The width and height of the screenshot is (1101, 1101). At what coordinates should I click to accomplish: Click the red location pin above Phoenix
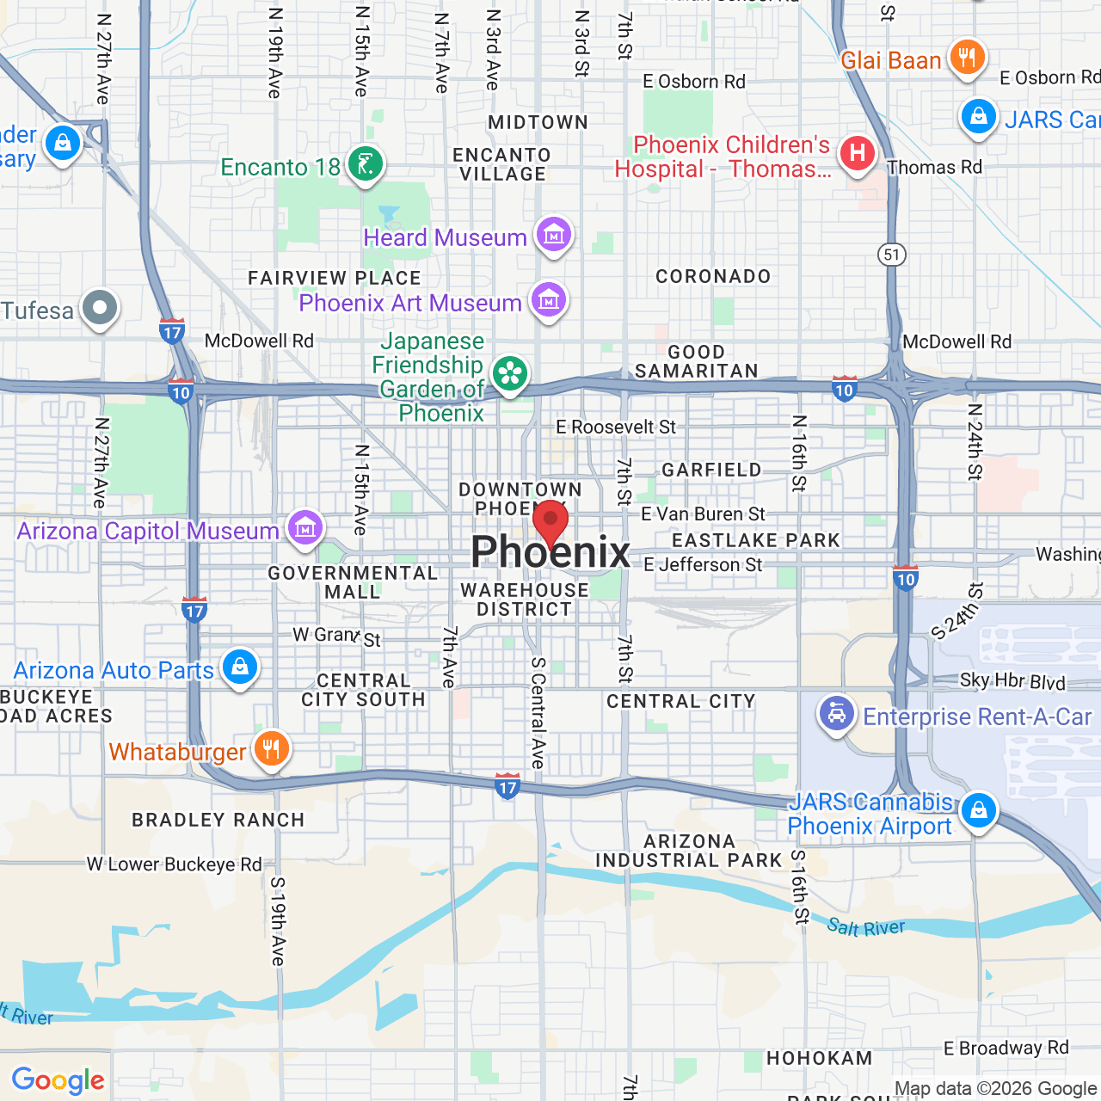(550, 523)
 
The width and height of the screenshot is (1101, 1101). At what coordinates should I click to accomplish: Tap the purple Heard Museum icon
(553, 234)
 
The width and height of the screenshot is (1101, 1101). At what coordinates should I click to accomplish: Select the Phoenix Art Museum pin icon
(548, 300)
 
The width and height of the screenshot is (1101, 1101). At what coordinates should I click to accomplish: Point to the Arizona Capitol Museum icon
(304, 528)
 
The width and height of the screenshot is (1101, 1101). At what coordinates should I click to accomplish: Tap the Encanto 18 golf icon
(366, 163)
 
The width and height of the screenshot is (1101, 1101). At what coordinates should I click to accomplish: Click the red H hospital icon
(857, 154)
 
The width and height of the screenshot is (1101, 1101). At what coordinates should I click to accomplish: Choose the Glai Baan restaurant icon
(968, 58)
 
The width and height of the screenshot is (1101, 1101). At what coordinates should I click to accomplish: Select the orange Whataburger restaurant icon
(271, 749)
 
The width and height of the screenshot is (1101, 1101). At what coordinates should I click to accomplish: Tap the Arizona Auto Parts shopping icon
(240, 667)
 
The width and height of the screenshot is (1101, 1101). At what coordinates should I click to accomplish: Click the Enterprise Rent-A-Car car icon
(836, 714)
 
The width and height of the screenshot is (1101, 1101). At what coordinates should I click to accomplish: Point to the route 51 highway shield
(892, 254)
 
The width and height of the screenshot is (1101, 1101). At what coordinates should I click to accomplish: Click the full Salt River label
(865, 927)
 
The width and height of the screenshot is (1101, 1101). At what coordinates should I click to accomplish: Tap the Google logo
(58, 1080)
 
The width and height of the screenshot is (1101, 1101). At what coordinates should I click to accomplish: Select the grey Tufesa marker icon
(100, 308)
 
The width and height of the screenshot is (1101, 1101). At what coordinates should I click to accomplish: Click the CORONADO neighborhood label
(713, 276)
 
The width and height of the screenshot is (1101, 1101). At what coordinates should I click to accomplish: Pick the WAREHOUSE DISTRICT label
(525, 600)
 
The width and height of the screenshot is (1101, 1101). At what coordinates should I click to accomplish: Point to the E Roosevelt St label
(616, 427)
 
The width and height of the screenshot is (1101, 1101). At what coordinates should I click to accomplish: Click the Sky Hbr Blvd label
(1012, 681)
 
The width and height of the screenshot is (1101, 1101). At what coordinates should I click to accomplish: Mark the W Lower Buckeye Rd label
(175, 864)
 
